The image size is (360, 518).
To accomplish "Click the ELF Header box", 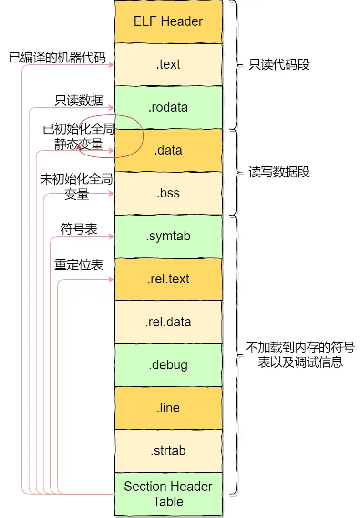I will click(x=168, y=21).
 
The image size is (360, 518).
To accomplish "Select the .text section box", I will click(x=168, y=64).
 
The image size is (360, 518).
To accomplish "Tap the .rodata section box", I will click(x=168, y=107).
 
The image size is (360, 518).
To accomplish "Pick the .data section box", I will click(x=168, y=150).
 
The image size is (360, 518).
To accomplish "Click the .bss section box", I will click(x=168, y=193).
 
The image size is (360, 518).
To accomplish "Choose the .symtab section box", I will click(x=168, y=236).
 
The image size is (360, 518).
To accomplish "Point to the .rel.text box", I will click(x=168, y=279).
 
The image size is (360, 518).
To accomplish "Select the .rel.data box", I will click(x=168, y=322).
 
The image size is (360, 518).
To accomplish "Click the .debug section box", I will click(x=168, y=365).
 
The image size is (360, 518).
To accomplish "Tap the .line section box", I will click(x=168, y=408).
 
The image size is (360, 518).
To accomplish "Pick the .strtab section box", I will click(x=168, y=451).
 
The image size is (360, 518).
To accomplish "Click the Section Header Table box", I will click(x=168, y=494).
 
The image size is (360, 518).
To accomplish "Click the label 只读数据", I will click(x=79, y=100).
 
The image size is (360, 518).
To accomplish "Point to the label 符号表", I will click(x=79, y=229).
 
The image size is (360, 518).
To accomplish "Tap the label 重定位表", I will click(x=79, y=265).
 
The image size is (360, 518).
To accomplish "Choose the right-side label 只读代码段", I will click(x=279, y=65).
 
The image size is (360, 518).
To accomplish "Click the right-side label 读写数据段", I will click(x=279, y=172).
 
